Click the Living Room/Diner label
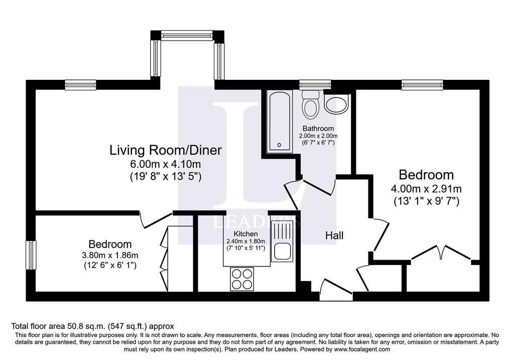(x=166, y=150)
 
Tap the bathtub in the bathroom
(x=279, y=122)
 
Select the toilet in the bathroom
(x=310, y=104)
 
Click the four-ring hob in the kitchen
(x=242, y=279)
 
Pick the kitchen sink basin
(x=282, y=251)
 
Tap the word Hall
(x=334, y=235)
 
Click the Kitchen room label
(x=245, y=234)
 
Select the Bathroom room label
(x=318, y=128)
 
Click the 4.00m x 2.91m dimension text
(x=427, y=189)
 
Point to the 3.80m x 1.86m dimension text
(x=110, y=255)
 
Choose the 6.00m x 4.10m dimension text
(x=165, y=164)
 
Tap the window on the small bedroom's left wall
(x=31, y=255)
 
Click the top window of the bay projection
(x=188, y=35)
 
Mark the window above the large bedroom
(x=423, y=85)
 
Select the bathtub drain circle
(x=279, y=145)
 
